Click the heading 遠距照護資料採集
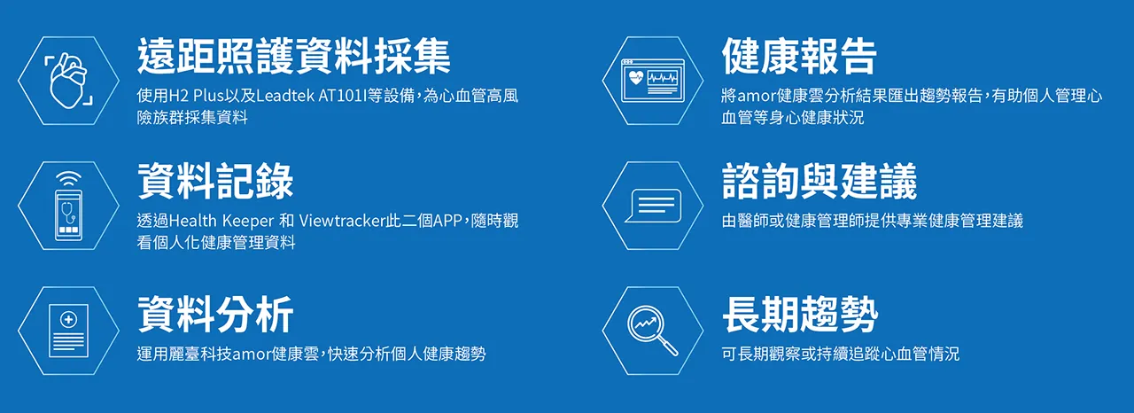[x=293, y=56]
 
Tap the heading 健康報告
[x=799, y=56]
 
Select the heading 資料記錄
[x=215, y=181]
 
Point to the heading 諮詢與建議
[x=819, y=181]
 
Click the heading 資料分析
[x=215, y=315]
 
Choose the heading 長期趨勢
[x=800, y=315]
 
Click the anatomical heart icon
[x=68, y=81]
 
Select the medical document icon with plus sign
[x=68, y=331]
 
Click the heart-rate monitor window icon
[x=653, y=81]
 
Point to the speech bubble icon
[x=653, y=206]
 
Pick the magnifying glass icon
[x=653, y=331]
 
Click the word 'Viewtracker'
[x=343, y=221]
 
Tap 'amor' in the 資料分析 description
[x=252, y=355]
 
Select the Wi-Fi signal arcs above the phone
[x=68, y=179]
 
